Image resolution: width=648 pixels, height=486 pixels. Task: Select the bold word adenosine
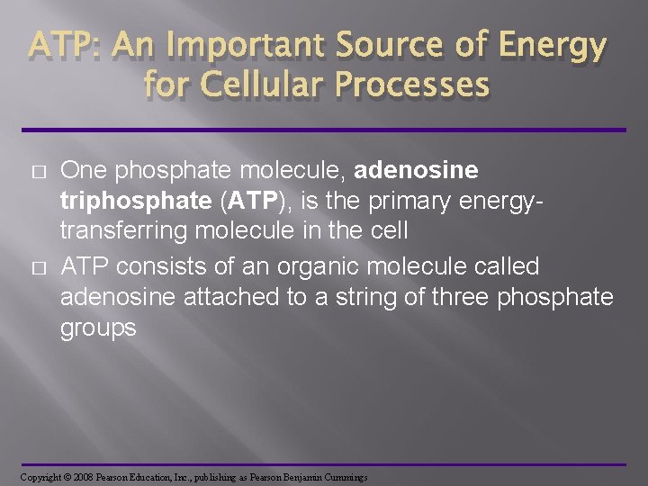tap(418, 170)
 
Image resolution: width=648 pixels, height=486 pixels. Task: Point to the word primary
tap(427, 202)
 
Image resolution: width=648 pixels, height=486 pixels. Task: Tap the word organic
tap(302, 265)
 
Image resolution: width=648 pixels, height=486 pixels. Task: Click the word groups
tap(98, 328)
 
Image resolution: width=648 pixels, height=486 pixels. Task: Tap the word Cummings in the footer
tap(340, 476)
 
